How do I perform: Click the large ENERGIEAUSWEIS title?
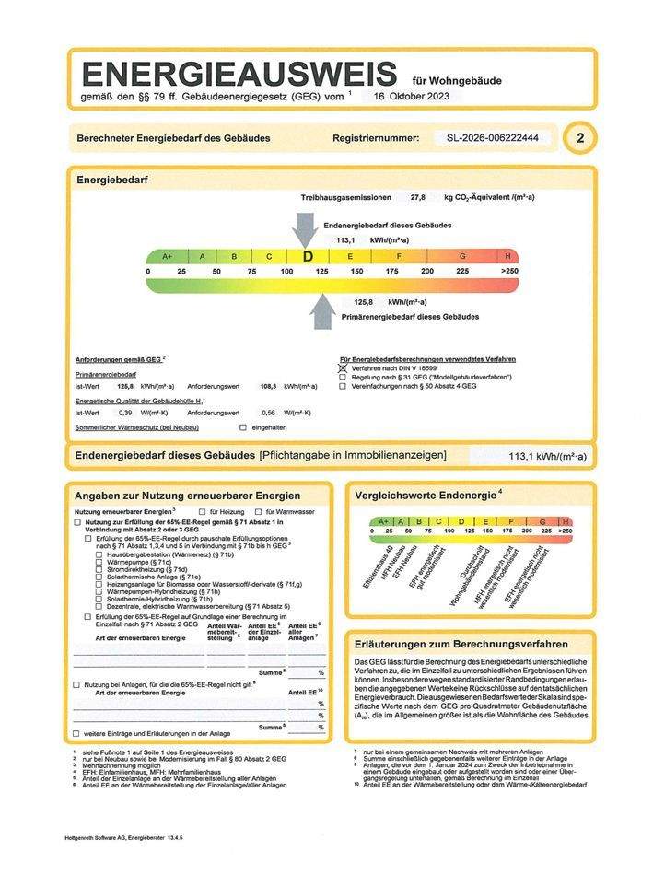[239, 73]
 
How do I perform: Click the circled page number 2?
[579, 138]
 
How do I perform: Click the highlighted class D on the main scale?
[308, 256]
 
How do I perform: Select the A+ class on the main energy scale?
[167, 256]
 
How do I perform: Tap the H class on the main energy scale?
[507, 256]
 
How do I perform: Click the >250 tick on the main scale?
[509, 272]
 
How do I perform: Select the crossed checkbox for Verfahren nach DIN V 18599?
[344, 367]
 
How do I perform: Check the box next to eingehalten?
[243, 428]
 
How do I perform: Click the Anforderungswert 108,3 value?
[269, 386]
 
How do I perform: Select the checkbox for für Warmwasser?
[259, 510]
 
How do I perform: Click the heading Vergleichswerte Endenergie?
[426, 496]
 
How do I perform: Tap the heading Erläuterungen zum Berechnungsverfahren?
[461, 644]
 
